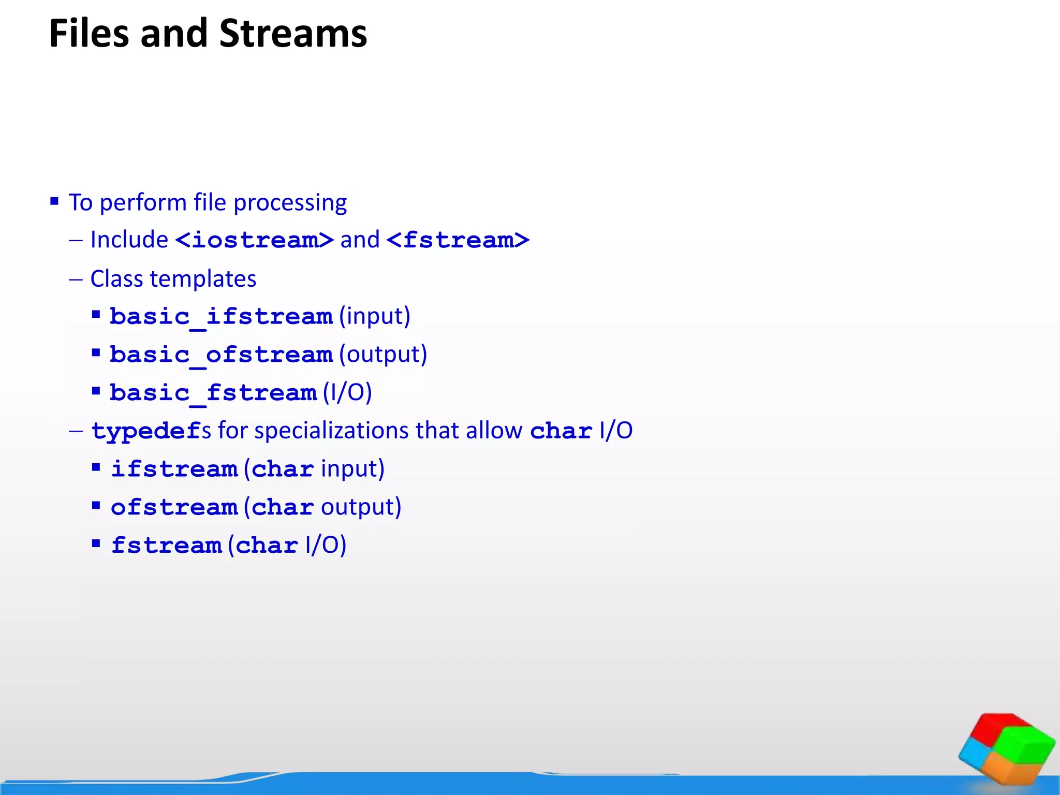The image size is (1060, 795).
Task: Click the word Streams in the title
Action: tap(293, 34)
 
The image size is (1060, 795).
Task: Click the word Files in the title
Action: tap(89, 34)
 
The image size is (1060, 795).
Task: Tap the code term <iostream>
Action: tap(255, 240)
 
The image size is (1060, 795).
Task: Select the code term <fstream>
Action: tap(458, 240)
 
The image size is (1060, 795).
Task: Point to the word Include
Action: tap(129, 240)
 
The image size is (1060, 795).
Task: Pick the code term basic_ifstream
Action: tap(221, 317)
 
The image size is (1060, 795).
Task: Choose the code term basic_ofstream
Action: tap(221, 355)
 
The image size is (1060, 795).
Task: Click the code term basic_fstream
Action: tap(213, 393)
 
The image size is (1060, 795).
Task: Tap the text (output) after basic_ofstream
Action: tap(383, 355)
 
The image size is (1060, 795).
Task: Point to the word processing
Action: tap(290, 203)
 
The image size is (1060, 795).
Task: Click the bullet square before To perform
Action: tap(54, 201)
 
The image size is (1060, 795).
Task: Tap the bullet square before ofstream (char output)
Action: tap(96, 506)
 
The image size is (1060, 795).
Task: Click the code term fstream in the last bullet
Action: tap(167, 546)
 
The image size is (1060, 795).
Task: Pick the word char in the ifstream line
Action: tap(283, 469)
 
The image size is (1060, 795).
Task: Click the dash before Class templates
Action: tap(76, 279)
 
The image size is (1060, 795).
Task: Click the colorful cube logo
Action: tap(1006, 748)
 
